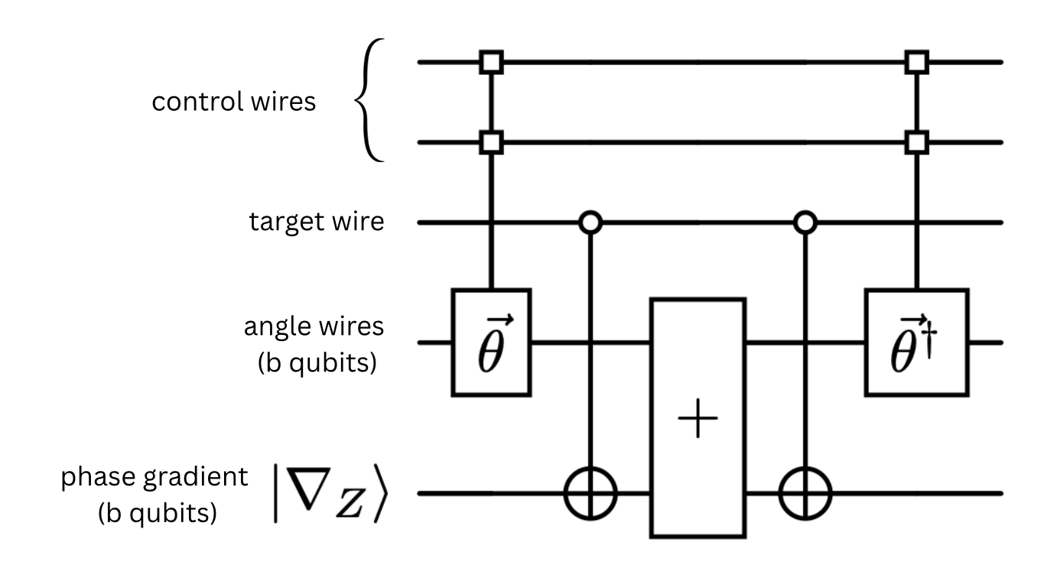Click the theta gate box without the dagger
491,342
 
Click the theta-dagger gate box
916,342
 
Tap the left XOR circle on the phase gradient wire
590,494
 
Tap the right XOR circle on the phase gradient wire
805,494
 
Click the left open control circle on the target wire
590,223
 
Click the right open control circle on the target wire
805,223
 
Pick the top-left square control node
490,61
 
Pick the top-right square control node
915,61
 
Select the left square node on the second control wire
490,142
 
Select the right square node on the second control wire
915,142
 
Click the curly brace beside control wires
372,102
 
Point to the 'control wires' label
233,102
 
